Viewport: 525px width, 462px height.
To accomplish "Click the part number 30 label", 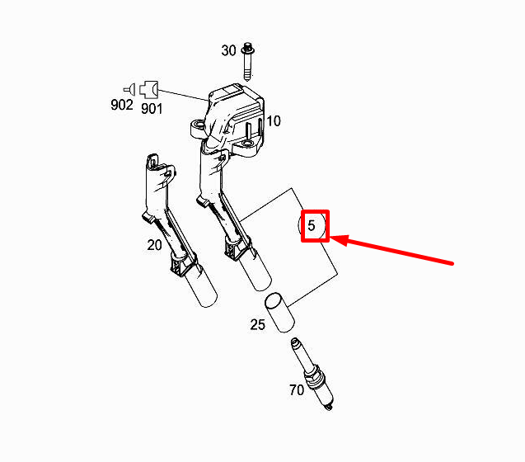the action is coord(228,50).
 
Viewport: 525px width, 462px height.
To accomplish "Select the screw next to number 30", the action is coord(248,62).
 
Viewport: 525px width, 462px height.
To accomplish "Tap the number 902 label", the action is coord(122,105).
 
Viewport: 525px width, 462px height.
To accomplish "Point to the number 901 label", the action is coord(152,109).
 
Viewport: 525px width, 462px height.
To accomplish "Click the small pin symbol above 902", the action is coord(130,89).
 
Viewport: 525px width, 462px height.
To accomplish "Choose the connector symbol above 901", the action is coord(148,90).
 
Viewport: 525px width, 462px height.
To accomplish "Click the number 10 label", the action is coord(274,121).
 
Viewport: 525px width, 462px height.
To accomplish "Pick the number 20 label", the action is coord(154,245).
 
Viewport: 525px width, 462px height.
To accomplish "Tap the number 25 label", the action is coord(258,324).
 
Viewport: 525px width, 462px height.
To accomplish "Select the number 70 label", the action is coord(297,390).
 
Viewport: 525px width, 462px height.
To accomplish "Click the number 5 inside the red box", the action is coord(312,225).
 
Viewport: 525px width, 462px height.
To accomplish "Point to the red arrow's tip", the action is coord(330,238).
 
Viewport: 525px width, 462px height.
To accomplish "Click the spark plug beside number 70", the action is coord(312,375).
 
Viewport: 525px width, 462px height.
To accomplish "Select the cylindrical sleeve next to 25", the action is coord(280,313).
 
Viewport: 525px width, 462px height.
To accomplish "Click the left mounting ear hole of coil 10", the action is coord(198,126).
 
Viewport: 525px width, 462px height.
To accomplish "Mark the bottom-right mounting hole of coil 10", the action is coord(248,144).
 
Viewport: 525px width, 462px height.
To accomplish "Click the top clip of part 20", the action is coord(152,161).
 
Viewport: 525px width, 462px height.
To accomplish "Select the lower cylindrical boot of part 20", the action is coord(201,285).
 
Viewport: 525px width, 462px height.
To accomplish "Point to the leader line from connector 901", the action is coord(183,95).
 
